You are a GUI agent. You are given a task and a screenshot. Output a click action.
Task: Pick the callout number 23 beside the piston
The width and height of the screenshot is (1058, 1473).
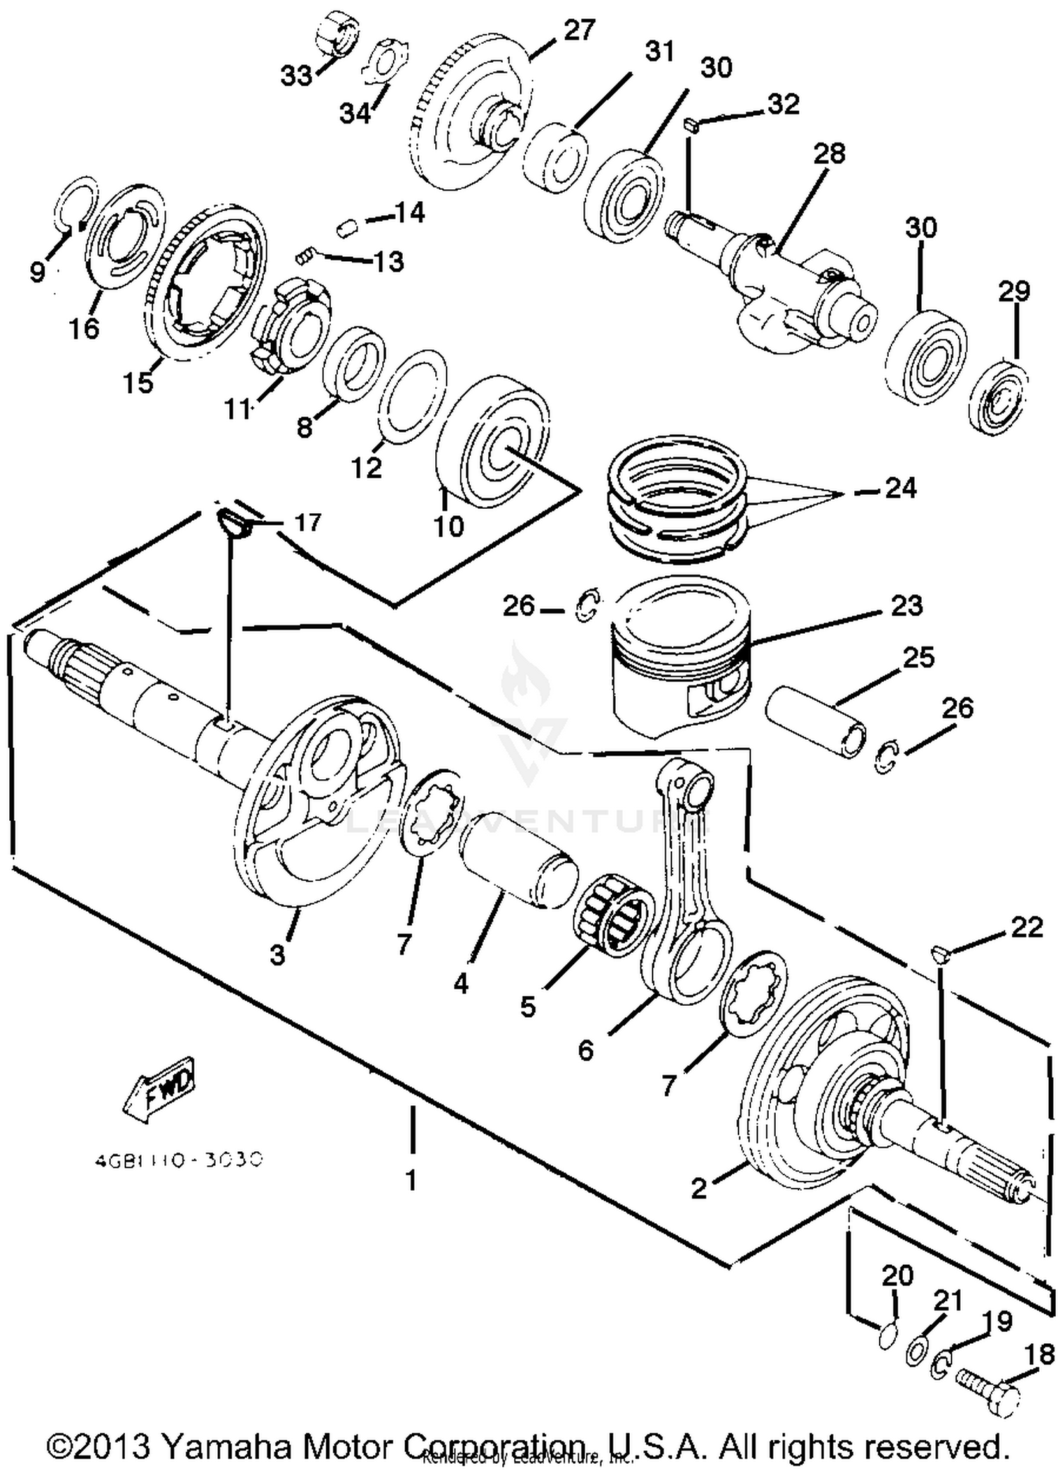pyautogui.click(x=906, y=606)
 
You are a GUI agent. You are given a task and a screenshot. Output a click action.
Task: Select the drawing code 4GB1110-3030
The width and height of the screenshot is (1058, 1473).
pyautogui.click(x=178, y=1159)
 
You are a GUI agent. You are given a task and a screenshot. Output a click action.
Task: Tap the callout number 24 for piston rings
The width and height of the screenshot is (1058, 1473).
pyautogui.click(x=901, y=488)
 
